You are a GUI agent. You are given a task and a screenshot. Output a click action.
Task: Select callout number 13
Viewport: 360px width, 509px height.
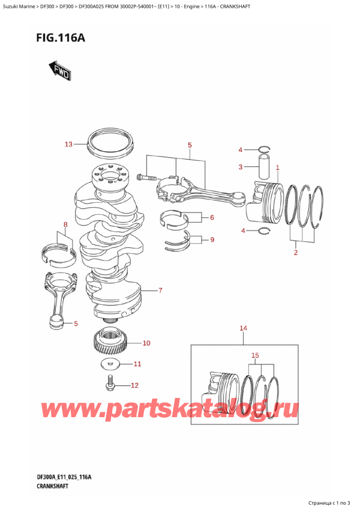click(x=68, y=144)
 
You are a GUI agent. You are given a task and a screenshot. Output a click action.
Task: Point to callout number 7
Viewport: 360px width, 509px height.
click(x=160, y=291)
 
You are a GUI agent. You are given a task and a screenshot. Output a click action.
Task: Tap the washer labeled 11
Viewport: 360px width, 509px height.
click(x=110, y=364)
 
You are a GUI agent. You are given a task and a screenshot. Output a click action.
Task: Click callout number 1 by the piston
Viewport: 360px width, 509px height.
click(x=277, y=167)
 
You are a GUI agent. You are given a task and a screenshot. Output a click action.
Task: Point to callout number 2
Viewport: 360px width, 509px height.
click(x=295, y=253)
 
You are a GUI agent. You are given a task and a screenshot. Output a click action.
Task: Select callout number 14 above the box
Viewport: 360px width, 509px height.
click(x=243, y=328)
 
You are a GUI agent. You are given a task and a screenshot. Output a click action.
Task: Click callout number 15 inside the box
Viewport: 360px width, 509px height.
click(x=255, y=355)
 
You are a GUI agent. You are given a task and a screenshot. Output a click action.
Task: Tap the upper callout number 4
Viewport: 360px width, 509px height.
click(x=240, y=149)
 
